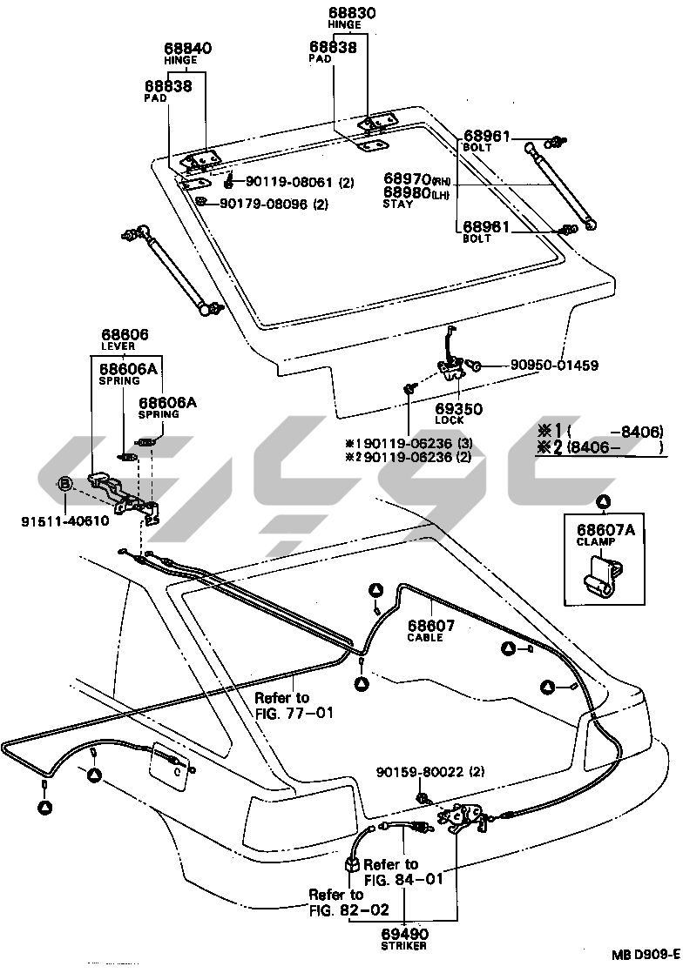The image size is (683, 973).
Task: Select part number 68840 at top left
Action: pos(188,49)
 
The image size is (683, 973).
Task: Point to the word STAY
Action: pos(397,204)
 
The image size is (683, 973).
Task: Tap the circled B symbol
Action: pos(64,484)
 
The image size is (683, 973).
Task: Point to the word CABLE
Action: pos(425,638)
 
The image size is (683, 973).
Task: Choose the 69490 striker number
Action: pos(405,934)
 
